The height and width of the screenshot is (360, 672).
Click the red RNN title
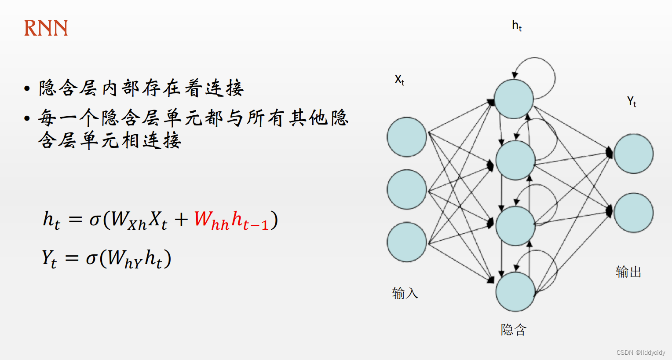pos(46,28)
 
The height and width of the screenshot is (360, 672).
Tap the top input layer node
pos(407,137)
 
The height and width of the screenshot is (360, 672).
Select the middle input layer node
pos(407,189)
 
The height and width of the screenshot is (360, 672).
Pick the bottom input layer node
pos(407,242)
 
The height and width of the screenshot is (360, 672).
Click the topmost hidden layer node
pos(514,99)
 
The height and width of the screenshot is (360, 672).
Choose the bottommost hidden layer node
pos(515,291)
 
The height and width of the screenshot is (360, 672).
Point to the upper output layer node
pos(634,154)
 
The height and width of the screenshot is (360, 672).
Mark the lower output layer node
pos(634,213)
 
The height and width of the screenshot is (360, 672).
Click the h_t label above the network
pos(517,26)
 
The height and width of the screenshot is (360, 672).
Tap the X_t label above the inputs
pos(399,80)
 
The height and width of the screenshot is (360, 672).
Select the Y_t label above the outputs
pos(632,102)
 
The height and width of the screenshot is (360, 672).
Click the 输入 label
pos(405,293)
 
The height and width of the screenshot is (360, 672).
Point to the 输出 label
pos(628,272)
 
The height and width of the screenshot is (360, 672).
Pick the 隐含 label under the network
pos(514,330)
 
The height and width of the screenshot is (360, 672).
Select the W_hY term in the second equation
pos(124,259)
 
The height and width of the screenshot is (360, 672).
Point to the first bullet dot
pos(27,88)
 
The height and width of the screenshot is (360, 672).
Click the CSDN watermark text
pos(641,353)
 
